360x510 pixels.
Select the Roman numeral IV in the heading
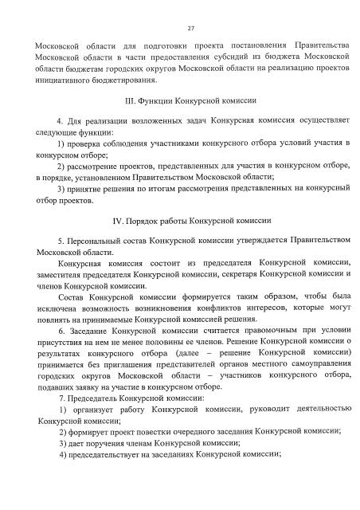121,219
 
